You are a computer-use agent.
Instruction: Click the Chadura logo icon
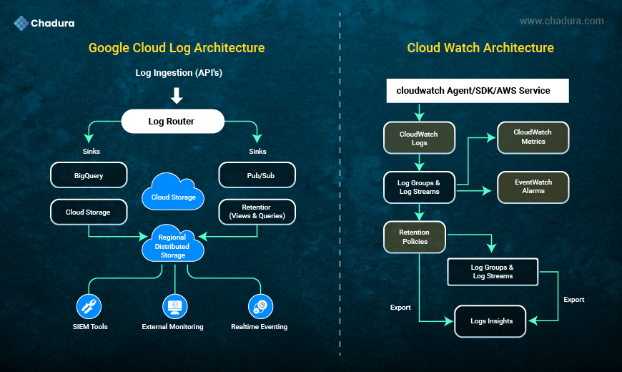[x=21, y=23]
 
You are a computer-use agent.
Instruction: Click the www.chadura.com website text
[x=561, y=21]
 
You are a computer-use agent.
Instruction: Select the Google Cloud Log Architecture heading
[x=177, y=48]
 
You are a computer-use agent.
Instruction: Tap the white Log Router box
[x=171, y=122]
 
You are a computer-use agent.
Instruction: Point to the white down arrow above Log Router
[x=177, y=95]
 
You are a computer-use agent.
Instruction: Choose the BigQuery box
[x=89, y=175]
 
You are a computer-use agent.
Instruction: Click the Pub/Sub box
[x=257, y=175]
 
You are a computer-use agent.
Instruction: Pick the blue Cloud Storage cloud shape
[x=173, y=193]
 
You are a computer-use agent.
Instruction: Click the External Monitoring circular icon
[x=174, y=306]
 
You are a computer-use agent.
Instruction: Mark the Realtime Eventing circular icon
[x=260, y=306]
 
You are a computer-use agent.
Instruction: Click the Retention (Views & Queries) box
[x=257, y=212]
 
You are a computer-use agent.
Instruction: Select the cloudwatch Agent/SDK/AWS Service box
[x=478, y=91]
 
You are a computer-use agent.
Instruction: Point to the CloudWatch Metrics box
[x=533, y=137]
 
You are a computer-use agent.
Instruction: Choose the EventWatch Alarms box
[x=533, y=187]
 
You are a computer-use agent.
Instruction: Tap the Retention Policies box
[x=415, y=237]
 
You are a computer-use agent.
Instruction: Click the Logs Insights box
[x=491, y=321]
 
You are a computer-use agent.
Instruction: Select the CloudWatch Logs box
[x=419, y=138]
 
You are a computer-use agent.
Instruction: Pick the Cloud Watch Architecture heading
[x=480, y=48]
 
